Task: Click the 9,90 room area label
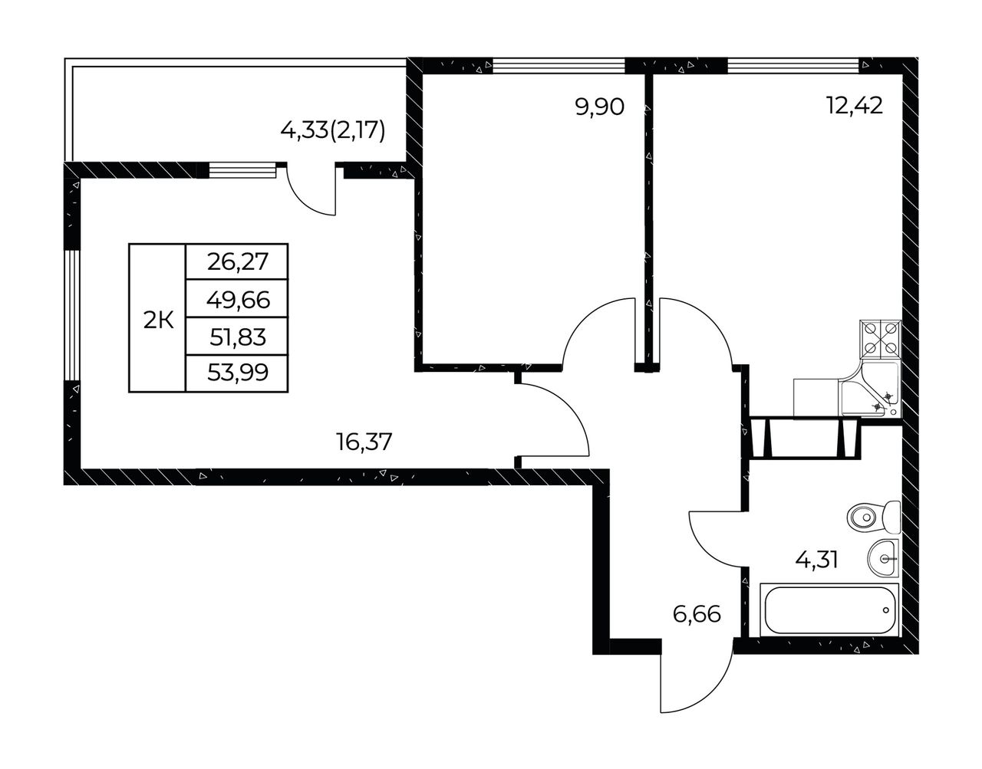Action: [599, 107]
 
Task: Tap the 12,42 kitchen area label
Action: [854, 107]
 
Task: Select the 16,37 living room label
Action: [364, 441]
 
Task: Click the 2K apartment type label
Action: [159, 321]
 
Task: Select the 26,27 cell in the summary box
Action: [238, 261]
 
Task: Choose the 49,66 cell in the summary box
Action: [238, 299]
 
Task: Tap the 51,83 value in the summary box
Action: [238, 337]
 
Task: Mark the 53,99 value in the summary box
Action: [238, 373]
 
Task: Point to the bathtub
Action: [829, 610]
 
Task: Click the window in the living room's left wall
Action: [72, 316]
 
